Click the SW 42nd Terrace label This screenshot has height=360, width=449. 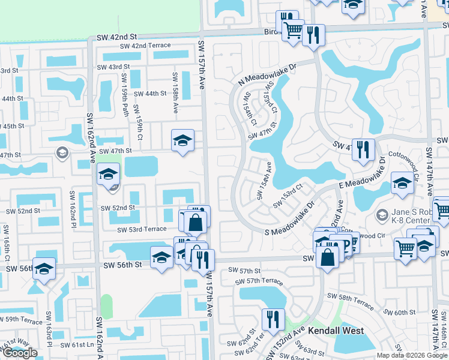point(145,46)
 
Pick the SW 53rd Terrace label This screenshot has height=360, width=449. point(142,229)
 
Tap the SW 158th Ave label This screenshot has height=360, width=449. point(175,93)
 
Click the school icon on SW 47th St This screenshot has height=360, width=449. point(182,140)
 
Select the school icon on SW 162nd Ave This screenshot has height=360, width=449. point(108,175)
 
